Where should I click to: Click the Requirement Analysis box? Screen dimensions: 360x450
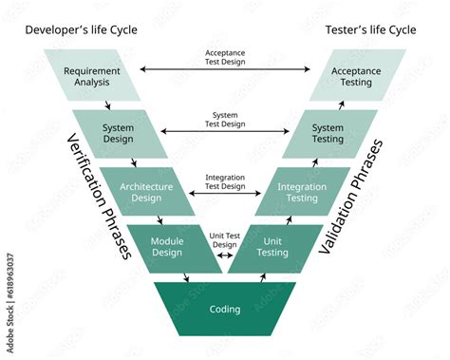92,76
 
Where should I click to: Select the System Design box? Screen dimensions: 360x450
120,134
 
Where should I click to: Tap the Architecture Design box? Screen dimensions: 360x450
146,192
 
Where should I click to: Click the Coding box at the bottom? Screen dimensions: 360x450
225,309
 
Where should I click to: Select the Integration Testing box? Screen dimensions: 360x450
302,192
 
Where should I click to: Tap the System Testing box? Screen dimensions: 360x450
328,134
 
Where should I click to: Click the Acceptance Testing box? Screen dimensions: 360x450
356,76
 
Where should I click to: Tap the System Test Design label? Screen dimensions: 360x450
225,118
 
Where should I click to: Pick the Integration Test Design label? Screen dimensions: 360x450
225,180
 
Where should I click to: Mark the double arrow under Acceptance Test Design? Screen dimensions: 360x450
225,69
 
